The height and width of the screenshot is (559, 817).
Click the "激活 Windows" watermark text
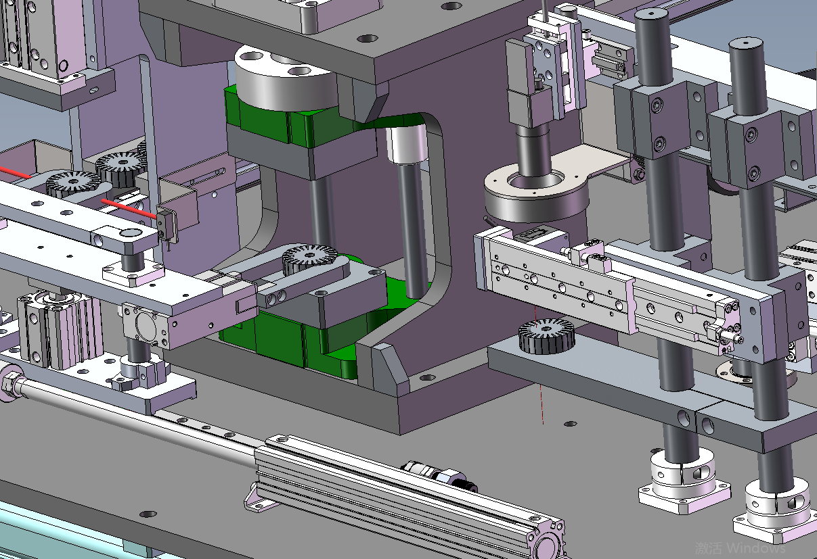[x=741, y=548]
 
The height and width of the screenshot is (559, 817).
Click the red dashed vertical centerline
[x=539, y=364]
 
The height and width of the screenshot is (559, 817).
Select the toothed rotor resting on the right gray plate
[x=546, y=336]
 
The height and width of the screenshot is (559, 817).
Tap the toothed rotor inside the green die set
[x=310, y=260]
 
